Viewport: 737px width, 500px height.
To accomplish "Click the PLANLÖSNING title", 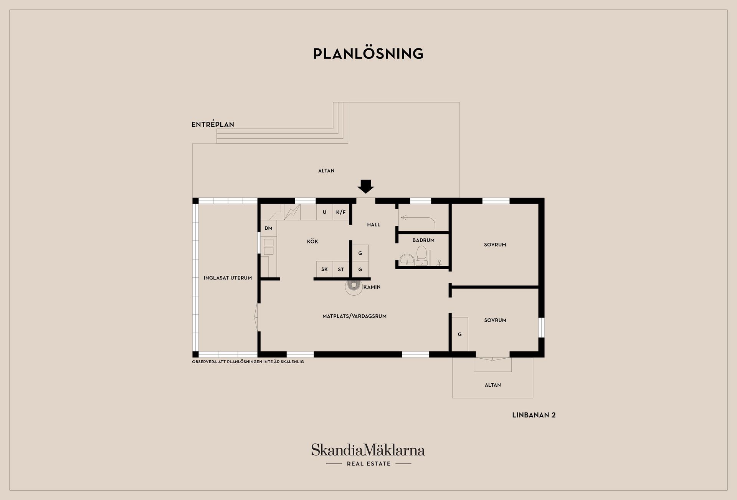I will coord(368,54).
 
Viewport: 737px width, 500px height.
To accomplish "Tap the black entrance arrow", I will coord(365,186).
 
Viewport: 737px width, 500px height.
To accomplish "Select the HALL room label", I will coord(373,225).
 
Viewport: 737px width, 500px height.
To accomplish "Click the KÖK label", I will coord(312,242).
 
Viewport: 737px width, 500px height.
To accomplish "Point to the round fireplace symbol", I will coord(354,286).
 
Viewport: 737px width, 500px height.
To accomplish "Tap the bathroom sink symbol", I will coord(407,260).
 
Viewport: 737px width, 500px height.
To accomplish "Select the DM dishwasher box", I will coord(268,228).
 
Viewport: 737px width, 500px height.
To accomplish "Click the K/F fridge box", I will coord(341,212).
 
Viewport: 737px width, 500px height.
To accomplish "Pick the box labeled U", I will coord(324,212).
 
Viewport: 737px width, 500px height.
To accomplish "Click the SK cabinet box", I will coord(324,269).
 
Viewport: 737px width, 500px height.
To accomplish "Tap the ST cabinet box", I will coord(341,269).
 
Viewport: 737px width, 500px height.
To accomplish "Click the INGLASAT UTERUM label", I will coord(228,278).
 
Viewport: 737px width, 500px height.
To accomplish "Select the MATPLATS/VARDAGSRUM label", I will coord(354,316).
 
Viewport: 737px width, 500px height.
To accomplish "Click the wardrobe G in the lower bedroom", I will coord(459,334).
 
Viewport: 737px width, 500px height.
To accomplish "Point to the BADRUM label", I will coord(423,240).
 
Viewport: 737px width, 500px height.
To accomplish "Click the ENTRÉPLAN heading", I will coord(213,124).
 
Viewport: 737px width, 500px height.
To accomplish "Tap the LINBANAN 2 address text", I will coord(534,415).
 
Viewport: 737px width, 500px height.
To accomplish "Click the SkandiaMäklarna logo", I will coord(368,450).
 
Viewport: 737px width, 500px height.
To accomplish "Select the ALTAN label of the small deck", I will coord(492,385).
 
